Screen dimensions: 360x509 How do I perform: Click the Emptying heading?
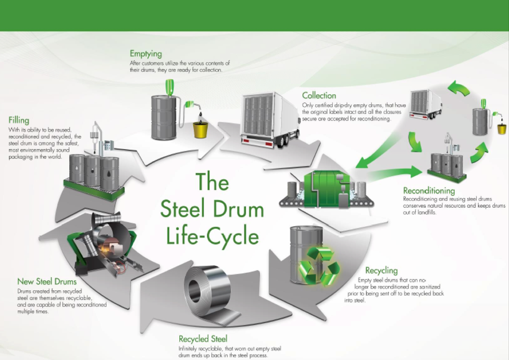(x=146, y=54)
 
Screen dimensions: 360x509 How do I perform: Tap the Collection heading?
(x=319, y=95)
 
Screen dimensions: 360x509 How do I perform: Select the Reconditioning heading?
(x=429, y=191)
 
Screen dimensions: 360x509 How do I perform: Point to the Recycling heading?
(x=381, y=270)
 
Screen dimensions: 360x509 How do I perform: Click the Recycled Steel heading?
(x=203, y=339)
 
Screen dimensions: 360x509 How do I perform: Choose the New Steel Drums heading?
(x=47, y=282)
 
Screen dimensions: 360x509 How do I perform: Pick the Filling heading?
(x=19, y=120)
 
